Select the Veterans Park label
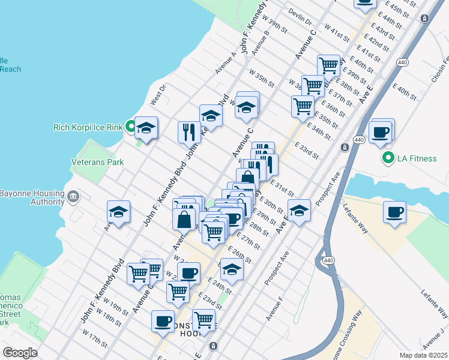[97, 162]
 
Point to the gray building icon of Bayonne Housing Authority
[73, 196]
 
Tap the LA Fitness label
[420, 158]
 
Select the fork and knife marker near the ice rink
[189, 131]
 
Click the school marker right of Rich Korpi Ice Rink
[146, 127]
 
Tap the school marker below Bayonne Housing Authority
[119, 212]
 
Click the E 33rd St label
[307, 150]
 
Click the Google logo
[20, 353]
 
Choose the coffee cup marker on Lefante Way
[395, 212]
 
